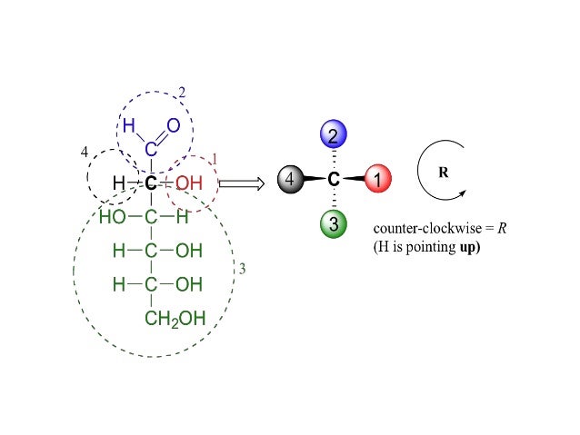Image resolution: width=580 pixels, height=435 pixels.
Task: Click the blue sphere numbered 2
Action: click(333, 137)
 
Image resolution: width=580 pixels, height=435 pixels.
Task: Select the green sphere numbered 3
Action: click(333, 223)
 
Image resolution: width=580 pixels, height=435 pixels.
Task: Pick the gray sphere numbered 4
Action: click(289, 180)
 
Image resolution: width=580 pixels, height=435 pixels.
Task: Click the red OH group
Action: click(188, 183)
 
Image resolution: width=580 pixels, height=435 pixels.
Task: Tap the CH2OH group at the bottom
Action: click(175, 318)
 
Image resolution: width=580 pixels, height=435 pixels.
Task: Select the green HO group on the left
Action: click(113, 217)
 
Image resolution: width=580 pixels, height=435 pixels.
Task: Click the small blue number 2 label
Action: click(182, 93)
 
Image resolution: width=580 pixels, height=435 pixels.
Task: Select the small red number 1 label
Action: click(214, 159)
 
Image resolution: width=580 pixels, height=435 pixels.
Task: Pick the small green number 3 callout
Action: click(241, 270)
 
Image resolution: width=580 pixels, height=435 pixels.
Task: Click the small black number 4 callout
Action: click(85, 153)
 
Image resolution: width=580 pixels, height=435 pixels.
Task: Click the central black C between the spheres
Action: click(333, 180)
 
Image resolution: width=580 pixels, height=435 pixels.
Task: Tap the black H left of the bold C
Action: click(118, 183)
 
